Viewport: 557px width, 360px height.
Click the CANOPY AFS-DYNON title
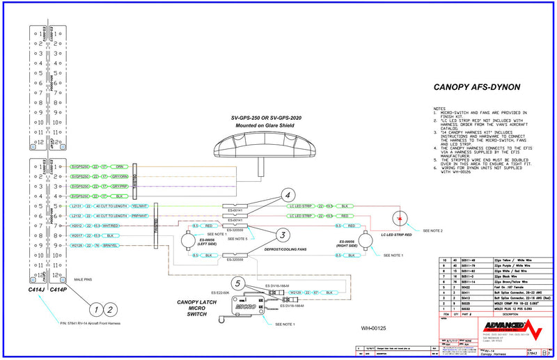pyautogui.click(x=478, y=88)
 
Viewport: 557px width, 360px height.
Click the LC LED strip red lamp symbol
pyautogui.click(x=399, y=218)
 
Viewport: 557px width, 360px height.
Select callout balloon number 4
pyautogui.click(x=288, y=195)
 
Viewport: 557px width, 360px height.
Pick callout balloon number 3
pyautogui.click(x=282, y=235)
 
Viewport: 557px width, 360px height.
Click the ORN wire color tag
pyautogui.click(x=120, y=167)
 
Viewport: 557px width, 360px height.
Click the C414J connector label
pyautogui.click(x=36, y=289)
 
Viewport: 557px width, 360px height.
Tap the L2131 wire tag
pyautogui.click(x=77, y=206)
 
